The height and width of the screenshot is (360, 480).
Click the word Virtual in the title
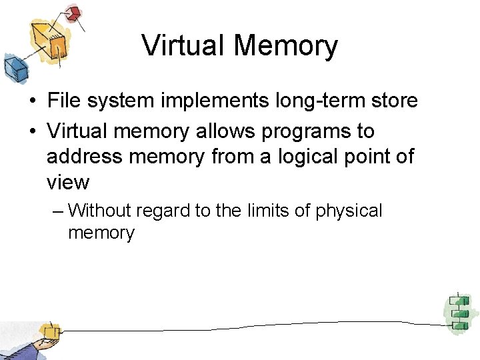[182, 46]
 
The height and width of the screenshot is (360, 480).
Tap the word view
[67, 182]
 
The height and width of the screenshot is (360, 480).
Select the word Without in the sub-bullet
[100, 211]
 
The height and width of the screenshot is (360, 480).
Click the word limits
[268, 211]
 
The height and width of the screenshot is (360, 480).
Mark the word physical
[349, 212]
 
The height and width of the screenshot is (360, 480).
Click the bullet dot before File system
[32, 102]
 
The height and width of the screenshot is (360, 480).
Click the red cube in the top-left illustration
[73, 13]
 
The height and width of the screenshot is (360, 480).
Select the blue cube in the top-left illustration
[15, 67]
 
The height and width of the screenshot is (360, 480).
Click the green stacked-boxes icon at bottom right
[459, 312]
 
